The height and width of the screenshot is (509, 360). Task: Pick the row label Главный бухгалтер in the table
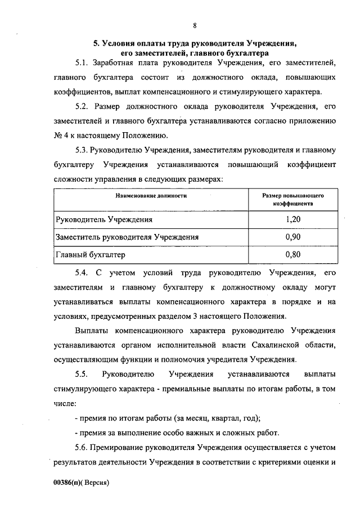pyautogui.click(x=89, y=255)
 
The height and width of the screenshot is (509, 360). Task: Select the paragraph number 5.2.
pyautogui.click(x=82, y=105)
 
